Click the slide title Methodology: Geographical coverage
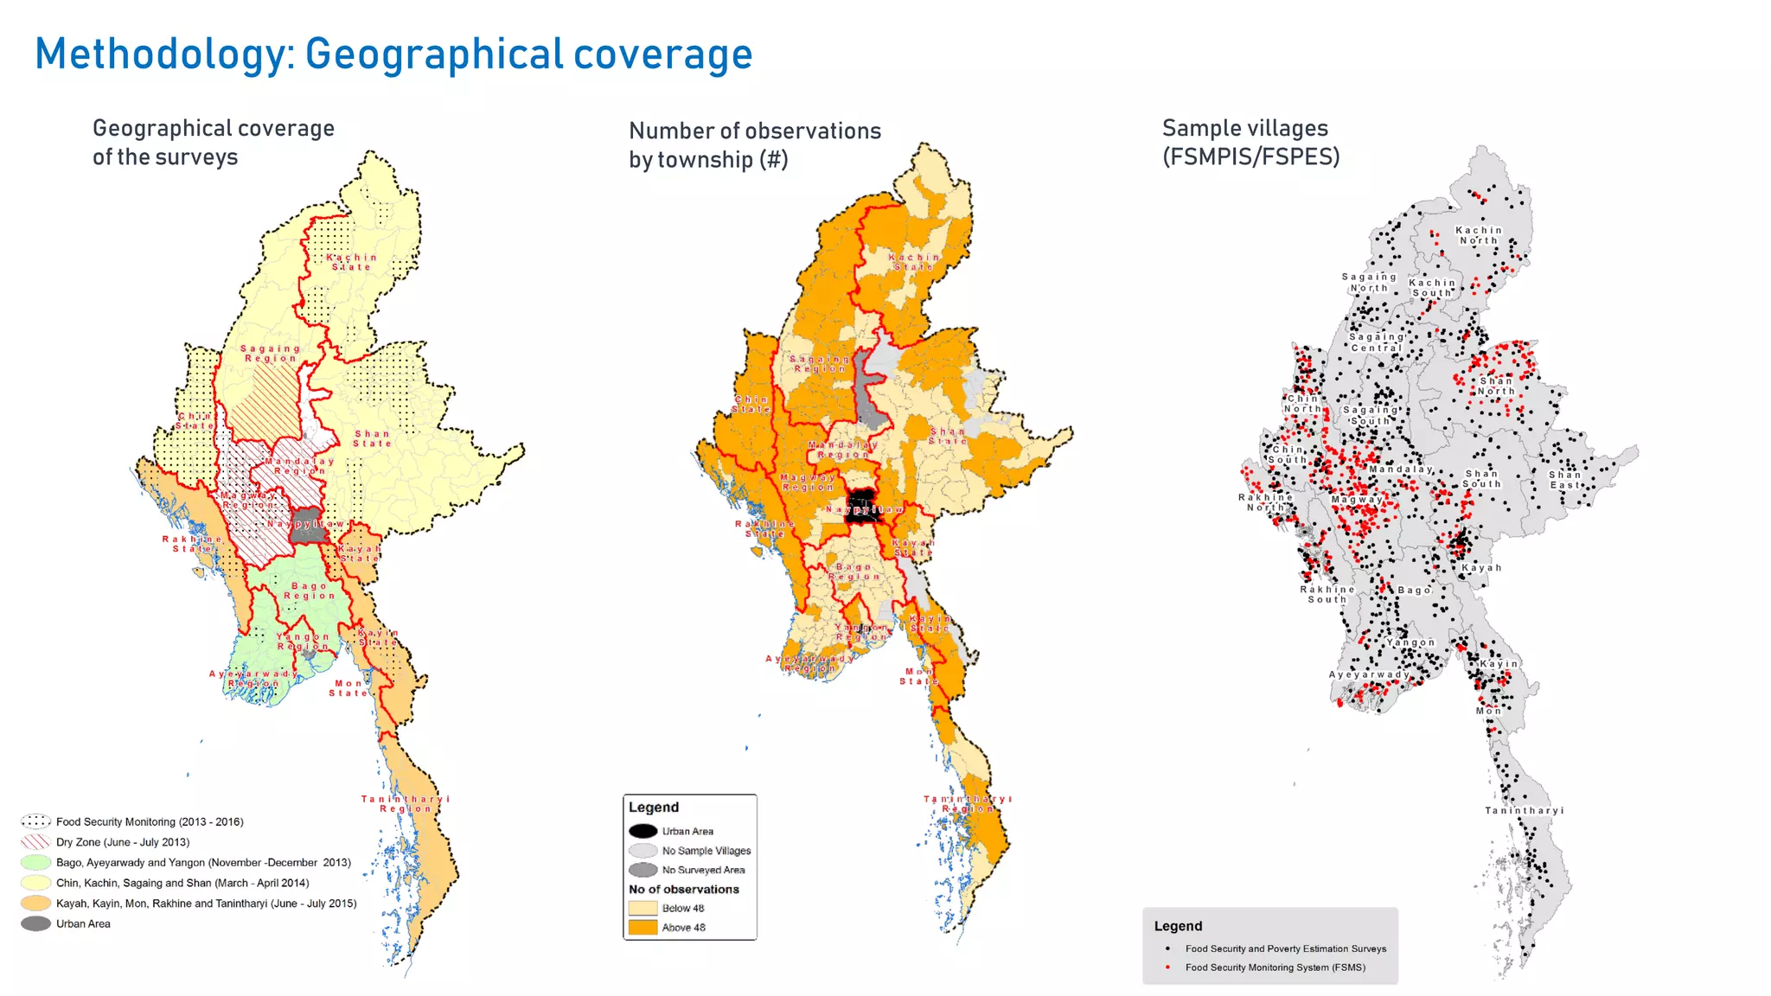point(393,54)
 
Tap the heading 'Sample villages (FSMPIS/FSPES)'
point(1250,143)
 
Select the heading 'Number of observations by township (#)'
point(754,144)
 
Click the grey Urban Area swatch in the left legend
point(36,923)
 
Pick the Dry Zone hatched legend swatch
point(36,841)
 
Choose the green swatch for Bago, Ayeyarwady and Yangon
point(36,862)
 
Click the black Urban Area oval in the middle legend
point(643,831)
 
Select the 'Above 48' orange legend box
point(643,927)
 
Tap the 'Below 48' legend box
point(643,908)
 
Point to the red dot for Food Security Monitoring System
point(1167,967)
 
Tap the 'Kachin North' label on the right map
point(1479,235)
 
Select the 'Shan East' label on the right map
point(1564,480)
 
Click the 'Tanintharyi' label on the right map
point(1524,810)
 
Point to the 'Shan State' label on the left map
point(372,438)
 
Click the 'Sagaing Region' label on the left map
point(270,353)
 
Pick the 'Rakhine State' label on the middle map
point(764,528)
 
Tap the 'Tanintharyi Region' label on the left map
point(405,803)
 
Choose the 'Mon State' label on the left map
point(348,687)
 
